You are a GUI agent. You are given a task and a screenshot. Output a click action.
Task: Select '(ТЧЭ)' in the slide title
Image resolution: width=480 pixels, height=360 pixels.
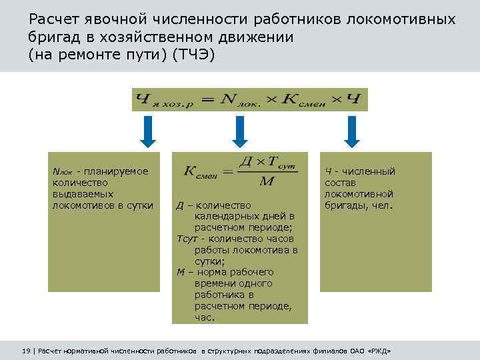[x=193, y=55]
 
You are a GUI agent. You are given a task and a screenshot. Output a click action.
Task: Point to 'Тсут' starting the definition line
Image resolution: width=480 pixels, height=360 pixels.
[x=188, y=239]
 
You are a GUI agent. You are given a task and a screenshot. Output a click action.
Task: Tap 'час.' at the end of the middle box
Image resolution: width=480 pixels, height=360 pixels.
[x=205, y=317]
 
